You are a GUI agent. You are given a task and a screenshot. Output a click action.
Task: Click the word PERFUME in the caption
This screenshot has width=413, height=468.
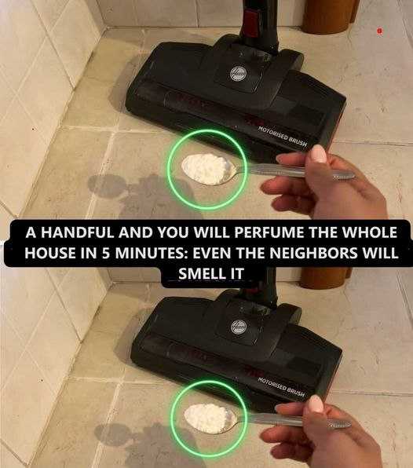click(268, 232)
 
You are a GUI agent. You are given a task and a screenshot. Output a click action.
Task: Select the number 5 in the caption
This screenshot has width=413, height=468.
click(106, 253)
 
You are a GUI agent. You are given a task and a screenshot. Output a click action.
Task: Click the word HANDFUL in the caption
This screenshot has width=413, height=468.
click(78, 232)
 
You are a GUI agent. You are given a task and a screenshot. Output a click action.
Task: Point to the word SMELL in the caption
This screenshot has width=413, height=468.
click(201, 273)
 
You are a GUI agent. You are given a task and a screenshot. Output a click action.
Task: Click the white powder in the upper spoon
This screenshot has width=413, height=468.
click(206, 168)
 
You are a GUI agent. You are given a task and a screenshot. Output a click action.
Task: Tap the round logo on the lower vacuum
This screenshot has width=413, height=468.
click(239, 326)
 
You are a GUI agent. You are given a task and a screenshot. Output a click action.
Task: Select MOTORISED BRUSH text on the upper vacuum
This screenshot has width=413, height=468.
click(283, 137)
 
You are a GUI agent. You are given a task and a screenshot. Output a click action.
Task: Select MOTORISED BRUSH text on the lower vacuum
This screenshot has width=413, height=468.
click(281, 387)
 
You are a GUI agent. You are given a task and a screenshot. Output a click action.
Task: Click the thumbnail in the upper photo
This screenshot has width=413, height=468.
click(319, 153)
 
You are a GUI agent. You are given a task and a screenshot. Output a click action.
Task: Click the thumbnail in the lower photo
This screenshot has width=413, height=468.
click(316, 404)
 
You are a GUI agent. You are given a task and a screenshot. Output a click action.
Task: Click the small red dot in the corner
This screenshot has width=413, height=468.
click(379, 31)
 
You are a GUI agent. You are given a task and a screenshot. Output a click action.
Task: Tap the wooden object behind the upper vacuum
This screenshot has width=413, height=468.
click(327, 15)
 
